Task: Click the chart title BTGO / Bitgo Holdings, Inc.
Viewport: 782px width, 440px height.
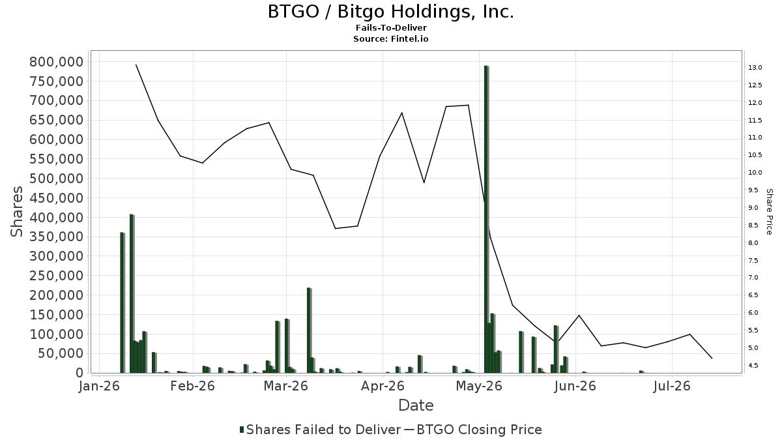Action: click(390, 12)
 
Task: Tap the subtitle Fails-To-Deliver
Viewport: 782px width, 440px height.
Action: click(391, 27)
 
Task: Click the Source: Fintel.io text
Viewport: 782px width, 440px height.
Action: click(390, 38)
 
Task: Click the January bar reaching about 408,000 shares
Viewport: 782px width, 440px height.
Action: click(132, 293)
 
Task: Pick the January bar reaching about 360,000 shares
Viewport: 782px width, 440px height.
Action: click(123, 302)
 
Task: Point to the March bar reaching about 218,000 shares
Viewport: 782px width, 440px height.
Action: click(309, 330)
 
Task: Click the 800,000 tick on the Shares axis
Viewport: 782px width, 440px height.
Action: click(57, 62)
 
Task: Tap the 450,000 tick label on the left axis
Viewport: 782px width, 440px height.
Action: click(57, 198)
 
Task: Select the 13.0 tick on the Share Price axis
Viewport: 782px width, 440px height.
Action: click(755, 67)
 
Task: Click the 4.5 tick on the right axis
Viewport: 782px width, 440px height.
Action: click(753, 365)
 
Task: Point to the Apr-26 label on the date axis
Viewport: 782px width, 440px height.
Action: click(383, 386)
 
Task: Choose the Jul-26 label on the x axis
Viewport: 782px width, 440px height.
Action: click(672, 386)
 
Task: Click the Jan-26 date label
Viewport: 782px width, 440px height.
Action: click(100, 386)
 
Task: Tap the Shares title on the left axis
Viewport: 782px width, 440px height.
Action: click(16, 212)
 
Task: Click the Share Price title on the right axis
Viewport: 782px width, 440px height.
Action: click(769, 212)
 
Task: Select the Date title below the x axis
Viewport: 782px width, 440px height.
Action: click(416, 405)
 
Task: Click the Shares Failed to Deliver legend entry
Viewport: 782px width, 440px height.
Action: click(320, 430)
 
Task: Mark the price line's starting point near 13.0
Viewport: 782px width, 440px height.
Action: click(136, 65)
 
